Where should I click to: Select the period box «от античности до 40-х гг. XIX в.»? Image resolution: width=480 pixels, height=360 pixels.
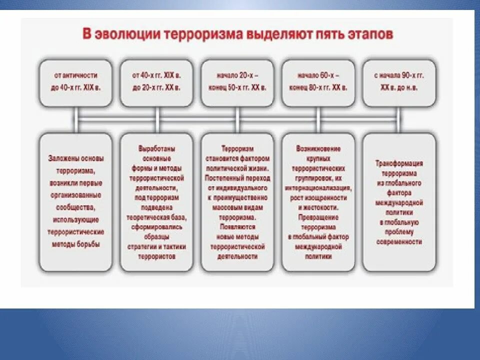pos(76,83)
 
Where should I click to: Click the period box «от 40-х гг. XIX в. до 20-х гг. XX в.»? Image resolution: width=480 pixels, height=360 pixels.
pos(157,83)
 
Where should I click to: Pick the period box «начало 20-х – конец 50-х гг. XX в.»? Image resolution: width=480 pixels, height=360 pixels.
pos(237,83)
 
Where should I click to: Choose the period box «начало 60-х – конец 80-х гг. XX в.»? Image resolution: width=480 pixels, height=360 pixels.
pos(318,83)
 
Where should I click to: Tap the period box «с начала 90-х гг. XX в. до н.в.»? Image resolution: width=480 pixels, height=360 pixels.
pos(399,83)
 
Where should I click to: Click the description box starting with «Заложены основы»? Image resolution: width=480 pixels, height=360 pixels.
pos(76,202)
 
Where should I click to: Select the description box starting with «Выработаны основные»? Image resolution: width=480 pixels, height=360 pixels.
pos(157,202)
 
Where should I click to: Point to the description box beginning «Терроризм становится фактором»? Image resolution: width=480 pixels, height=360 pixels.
pos(237,202)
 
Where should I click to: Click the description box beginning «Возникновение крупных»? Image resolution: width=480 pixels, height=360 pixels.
pos(318,202)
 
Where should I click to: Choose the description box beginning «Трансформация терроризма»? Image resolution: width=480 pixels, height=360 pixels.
pos(399,202)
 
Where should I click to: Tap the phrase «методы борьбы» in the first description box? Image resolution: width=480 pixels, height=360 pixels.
pos(76,244)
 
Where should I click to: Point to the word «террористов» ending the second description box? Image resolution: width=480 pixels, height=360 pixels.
pos(157,256)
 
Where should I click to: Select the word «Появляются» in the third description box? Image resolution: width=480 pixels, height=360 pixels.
pos(237,227)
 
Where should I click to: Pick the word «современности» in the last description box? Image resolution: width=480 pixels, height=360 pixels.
pos(399,241)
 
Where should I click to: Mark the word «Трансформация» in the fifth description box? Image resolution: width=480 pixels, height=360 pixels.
pos(399,163)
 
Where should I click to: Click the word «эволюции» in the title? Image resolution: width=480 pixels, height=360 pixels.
pos(118,35)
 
